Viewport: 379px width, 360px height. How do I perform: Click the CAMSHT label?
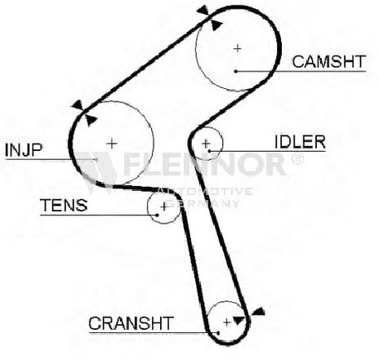point(328,62)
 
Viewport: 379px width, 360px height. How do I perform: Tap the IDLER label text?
point(300,142)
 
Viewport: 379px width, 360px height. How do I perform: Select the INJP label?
point(24,150)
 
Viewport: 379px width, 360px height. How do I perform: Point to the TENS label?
point(64,206)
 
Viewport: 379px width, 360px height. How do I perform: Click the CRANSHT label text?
point(131,323)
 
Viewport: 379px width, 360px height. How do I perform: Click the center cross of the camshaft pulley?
point(238,48)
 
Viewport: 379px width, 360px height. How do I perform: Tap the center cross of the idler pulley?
point(206,143)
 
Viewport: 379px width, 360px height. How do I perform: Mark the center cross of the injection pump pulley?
point(112,144)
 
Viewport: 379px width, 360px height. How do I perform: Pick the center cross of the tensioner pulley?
point(164,207)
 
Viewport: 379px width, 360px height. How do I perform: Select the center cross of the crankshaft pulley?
point(227,322)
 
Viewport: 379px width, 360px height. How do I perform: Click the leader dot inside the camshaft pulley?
point(236,71)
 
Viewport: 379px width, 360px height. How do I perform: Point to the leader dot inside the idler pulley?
point(209,151)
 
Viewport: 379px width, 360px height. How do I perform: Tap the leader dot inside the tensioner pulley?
point(157,215)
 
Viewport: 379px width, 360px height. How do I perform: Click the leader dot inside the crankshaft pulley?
point(218,332)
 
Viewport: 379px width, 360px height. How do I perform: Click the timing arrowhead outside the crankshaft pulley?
point(258,312)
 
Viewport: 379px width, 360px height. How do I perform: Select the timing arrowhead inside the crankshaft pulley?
point(239,321)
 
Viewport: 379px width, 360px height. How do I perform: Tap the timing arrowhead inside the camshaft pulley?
point(216,25)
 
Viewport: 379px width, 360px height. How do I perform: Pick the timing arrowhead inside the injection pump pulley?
point(91,121)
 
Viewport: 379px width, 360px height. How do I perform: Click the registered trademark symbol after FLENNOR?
point(297,159)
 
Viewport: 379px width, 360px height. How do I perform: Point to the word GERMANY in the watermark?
point(203,203)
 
